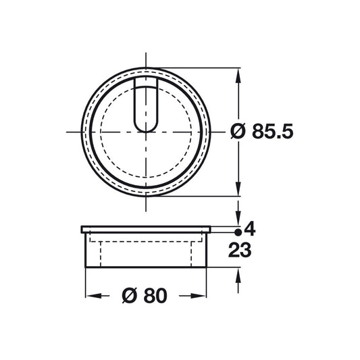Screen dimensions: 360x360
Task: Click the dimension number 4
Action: [x=249, y=228]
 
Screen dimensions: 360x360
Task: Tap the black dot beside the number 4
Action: [x=238, y=229]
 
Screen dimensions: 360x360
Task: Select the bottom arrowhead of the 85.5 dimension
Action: [x=237, y=190]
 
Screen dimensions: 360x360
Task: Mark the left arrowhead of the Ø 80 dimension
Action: [x=88, y=296]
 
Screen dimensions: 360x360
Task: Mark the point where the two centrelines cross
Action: [x=146, y=132]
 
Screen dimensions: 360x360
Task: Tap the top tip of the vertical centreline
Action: [x=146, y=54]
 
